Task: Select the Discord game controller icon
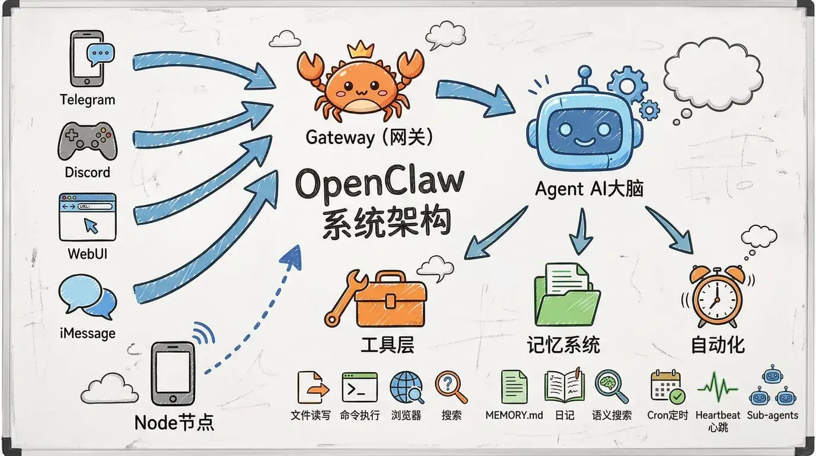(x=87, y=141)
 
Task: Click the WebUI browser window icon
(x=87, y=216)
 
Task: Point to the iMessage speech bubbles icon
(x=87, y=297)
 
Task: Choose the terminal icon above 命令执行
(x=359, y=387)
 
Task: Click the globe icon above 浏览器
(x=406, y=387)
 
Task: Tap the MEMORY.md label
(x=514, y=415)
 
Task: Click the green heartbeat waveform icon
(x=718, y=387)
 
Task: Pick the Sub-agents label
(x=772, y=415)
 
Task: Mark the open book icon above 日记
(x=563, y=386)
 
